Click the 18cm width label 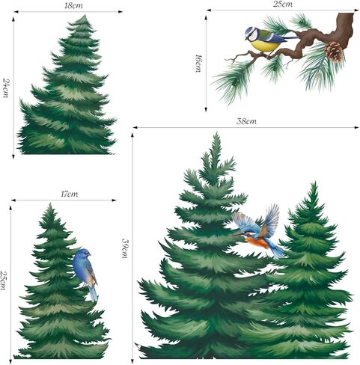73,5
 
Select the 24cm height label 6,88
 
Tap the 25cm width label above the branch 281,4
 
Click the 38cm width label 246,121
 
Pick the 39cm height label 126,248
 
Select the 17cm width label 69,194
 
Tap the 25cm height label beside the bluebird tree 4,280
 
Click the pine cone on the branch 334,52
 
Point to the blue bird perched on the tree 85,271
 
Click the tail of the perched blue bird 92,294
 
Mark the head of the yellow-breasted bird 252,33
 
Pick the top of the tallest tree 216,135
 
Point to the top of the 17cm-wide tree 49,205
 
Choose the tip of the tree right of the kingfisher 314,183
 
